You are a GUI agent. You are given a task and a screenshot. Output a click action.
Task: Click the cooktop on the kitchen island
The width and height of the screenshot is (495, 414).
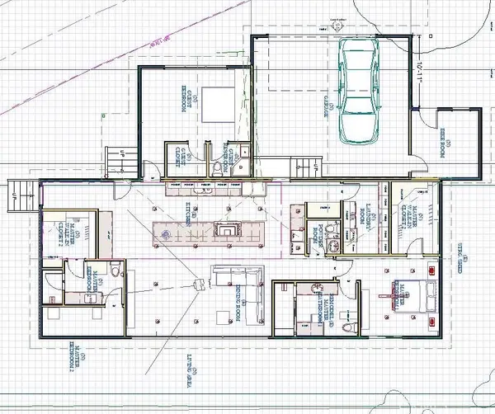(x=224, y=231)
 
